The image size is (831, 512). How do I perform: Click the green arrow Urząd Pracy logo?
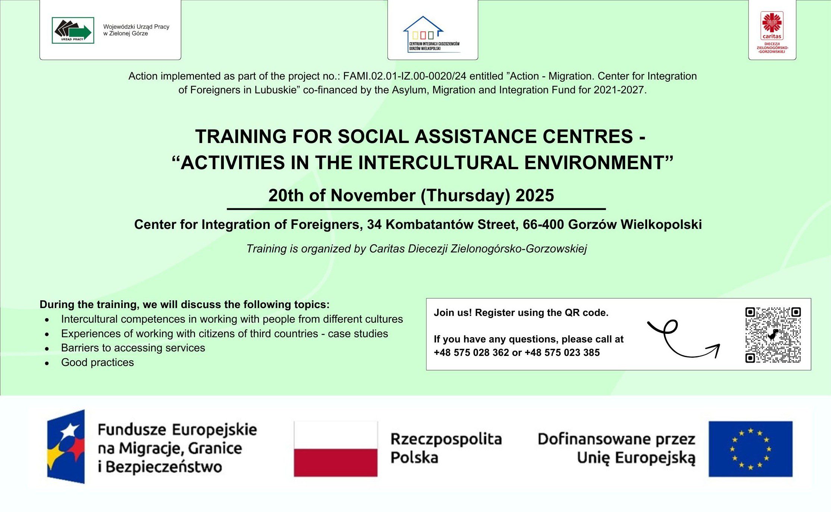[x=73, y=30]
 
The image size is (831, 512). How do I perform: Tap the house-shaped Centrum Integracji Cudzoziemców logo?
[x=432, y=34]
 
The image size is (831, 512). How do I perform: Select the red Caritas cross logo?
[x=772, y=25]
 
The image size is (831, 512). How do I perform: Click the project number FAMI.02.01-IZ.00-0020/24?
[x=405, y=76]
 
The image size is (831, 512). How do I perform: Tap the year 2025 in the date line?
[x=535, y=195]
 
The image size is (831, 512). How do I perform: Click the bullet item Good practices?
[x=97, y=362]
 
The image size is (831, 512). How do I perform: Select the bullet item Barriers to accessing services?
[x=133, y=348]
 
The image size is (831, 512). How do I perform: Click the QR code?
[x=773, y=335]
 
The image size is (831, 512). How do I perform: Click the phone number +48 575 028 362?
[x=471, y=353]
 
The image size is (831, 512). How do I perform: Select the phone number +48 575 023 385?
[x=562, y=353]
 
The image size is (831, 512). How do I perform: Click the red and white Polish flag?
[x=336, y=449]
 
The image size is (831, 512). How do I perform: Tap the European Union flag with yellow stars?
[x=750, y=449]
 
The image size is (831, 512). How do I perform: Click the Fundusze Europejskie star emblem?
[x=66, y=447]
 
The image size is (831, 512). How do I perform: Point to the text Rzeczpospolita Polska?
[x=446, y=448]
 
